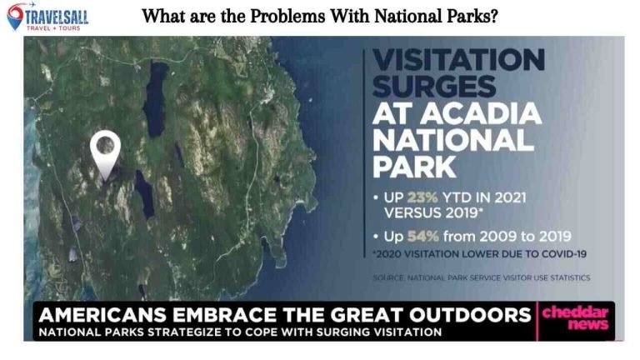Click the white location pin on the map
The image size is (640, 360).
pyautogui.click(x=105, y=152)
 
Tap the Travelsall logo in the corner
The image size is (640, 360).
pyautogui.click(x=47, y=16)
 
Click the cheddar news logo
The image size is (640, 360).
pyautogui.click(x=575, y=317)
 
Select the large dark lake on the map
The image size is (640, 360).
pyautogui.click(x=156, y=98)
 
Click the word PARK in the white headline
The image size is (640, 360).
pyautogui.click(x=414, y=166)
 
